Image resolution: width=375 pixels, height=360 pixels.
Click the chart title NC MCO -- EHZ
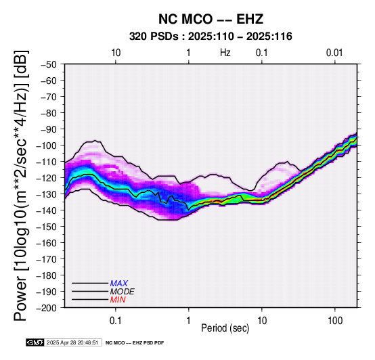coord(211,19)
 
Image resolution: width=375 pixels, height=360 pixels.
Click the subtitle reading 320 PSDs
coord(154,37)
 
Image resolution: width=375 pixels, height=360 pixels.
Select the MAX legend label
coord(119,284)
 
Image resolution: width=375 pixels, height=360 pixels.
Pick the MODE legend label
coord(123,292)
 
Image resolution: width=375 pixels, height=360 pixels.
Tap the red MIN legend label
coord(118,300)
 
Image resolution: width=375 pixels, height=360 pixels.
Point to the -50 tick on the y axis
coord(49,64)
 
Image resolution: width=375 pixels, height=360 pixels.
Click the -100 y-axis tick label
coord(47,145)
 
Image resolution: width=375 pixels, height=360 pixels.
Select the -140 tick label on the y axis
coord(47,210)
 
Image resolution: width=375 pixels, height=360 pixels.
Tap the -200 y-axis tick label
coord(47,308)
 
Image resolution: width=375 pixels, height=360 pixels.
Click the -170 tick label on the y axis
coord(47,259)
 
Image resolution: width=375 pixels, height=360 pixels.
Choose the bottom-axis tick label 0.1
coord(116,321)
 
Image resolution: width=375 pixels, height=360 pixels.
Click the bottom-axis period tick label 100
coord(335,321)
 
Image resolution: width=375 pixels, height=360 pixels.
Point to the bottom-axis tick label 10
coord(262,321)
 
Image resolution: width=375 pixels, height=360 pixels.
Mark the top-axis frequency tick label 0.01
coord(334,53)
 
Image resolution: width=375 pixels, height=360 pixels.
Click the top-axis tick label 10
coord(116,53)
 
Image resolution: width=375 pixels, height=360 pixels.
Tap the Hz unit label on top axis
coord(225,53)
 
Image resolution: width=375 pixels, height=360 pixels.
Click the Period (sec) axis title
coord(225,328)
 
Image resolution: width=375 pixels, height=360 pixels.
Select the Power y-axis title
coord(21,185)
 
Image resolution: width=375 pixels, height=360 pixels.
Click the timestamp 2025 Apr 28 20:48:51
coord(72,343)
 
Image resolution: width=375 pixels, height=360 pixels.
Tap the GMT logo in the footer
coord(35,342)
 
